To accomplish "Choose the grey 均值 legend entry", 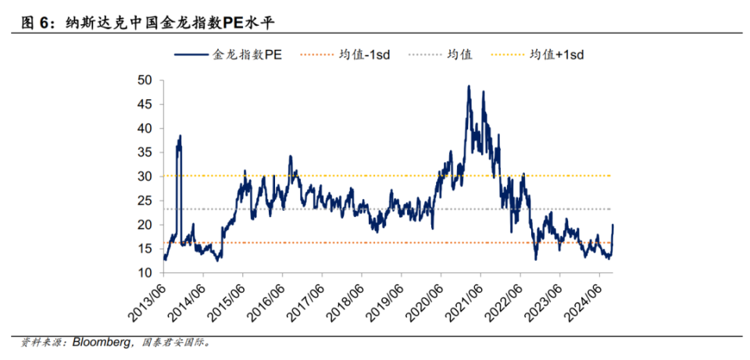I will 459,55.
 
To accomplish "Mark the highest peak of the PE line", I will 469,86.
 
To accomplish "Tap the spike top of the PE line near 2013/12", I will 180,136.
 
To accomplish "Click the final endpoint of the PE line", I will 613,225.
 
